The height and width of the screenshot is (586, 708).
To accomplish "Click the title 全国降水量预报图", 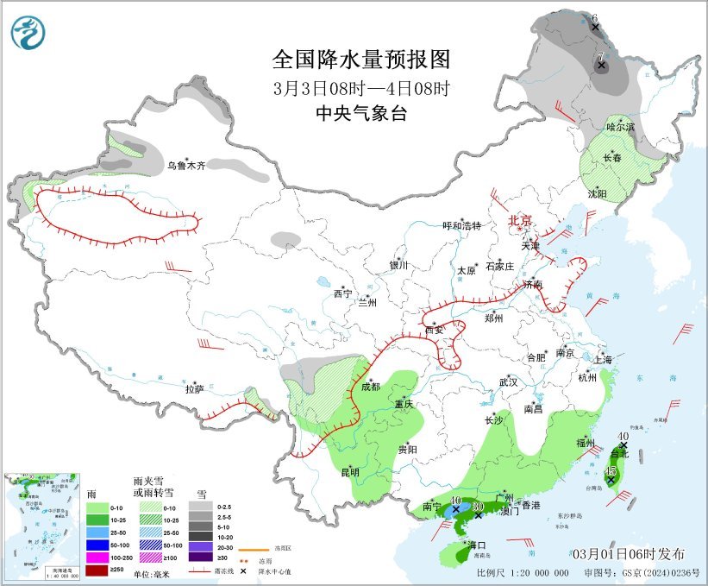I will [360, 59].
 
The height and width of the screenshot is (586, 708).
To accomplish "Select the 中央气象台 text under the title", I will [360, 113].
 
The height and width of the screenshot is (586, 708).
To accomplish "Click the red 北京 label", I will [521, 220].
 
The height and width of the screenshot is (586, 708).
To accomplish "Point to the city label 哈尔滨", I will [619, 127].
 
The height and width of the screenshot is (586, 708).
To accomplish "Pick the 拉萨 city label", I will [194, 389].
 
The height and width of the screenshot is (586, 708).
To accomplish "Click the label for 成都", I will [370, 387].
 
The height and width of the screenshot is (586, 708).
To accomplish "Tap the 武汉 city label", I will [509, 381].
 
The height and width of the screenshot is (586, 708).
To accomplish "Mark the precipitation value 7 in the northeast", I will [600, 56].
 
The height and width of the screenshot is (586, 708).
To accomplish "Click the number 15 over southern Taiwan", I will [611, 470].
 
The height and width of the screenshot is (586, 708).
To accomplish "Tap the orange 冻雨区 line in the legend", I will [252, 549].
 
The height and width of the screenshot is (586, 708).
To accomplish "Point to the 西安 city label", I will [433, 330].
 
